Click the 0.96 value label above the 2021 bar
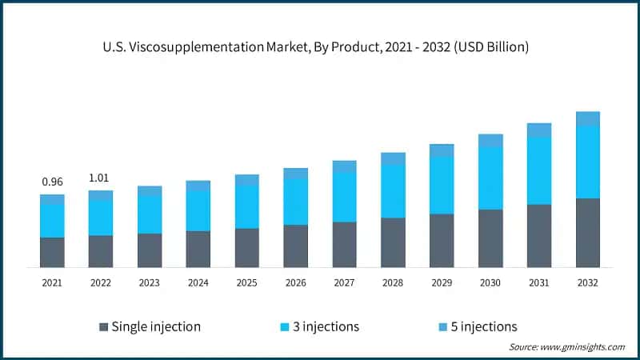[52, 182]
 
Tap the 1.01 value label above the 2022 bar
[101, 178]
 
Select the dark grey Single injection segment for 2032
[588, 232]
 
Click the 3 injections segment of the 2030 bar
[490, 178]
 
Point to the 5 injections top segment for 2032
[588, 118]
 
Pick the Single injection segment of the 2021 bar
[52, 252]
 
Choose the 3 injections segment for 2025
[247, 206]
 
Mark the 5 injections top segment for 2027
[344, 166]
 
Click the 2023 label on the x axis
[150, 282]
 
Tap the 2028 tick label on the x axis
[393, 282]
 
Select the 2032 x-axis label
[588, 282]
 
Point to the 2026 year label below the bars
[296, 282]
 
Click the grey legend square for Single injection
[103, 326]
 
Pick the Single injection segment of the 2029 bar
[442, 240]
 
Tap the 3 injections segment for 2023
[150, 214]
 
